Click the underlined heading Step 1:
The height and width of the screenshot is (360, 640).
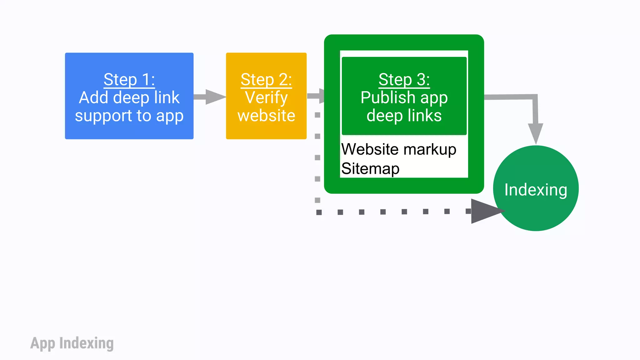click(x=129, y=79)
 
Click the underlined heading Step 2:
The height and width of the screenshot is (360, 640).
click(x=266, y=79)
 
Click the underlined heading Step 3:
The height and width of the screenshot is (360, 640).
click(x=404, y=79)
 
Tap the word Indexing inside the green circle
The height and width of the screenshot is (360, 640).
click(x=536, y=190)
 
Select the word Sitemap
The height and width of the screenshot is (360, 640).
click(x=370, y=169)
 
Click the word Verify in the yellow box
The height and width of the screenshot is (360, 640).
click(x=266, y=97)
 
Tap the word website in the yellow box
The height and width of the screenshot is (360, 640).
click(x=266, y=116)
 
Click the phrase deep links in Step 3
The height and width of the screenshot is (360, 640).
click(x=404, y=116)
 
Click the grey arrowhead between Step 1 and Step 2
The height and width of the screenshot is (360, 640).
click(x=215, y=97)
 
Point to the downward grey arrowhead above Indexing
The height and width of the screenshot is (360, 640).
click(x=535, y=133)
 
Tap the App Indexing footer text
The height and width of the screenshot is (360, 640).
click(x=72, y=343)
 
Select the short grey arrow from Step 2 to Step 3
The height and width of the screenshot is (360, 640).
click(x=316, y=96)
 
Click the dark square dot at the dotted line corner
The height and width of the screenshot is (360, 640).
click(x=319, y=212)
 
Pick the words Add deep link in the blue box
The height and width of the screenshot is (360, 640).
click(x=129, y=97)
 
